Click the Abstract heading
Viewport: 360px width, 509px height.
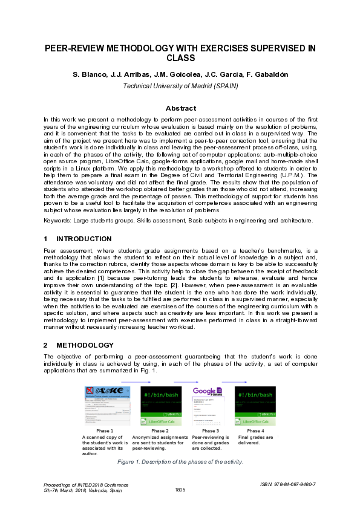(180, 108)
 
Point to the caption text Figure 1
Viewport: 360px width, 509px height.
(130, 462)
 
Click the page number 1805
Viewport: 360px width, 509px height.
(180, 490)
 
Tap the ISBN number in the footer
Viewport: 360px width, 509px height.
(288, 484)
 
